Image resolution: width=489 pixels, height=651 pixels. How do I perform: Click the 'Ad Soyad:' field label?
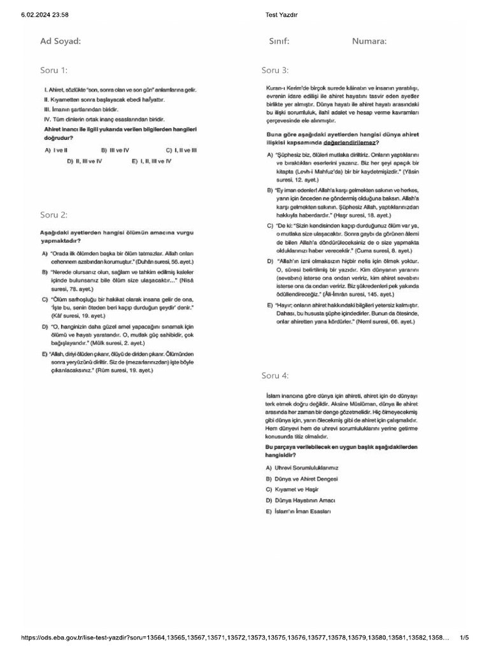point(60,41)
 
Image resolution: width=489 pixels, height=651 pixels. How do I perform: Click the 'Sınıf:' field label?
point(279,41)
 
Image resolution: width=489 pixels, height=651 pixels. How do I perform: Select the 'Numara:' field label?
point(369,41)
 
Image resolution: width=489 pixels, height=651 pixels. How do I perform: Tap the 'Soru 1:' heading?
point(53,70)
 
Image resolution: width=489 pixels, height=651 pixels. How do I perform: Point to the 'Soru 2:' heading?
point(53,215)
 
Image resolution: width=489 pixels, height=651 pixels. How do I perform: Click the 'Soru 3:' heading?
point(275,70)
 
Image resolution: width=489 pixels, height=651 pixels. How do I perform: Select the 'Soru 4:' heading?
point(275,376)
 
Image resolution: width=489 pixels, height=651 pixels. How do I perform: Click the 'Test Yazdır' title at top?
point(281,15)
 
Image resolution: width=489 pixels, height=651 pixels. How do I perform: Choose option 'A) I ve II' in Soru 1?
point(57,150)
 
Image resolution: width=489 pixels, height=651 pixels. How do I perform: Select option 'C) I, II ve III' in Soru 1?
point(181,150)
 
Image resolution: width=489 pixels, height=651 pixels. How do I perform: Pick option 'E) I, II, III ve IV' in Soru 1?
point(152,161)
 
